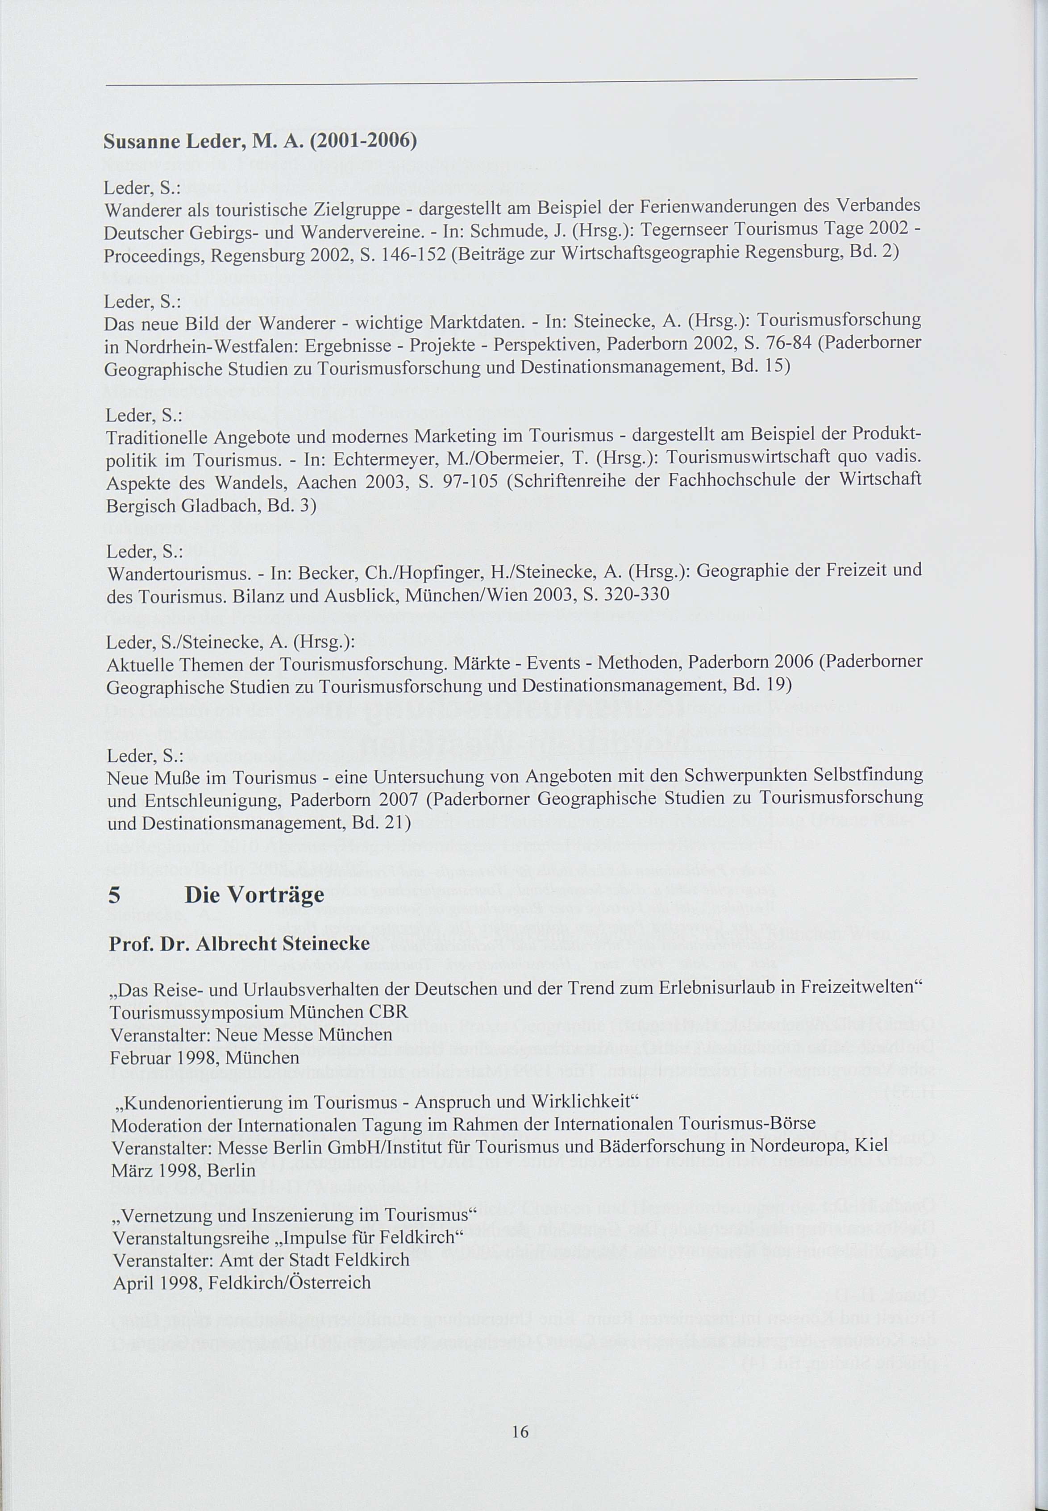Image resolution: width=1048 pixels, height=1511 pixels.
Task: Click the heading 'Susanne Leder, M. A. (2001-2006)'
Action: pos(260,141)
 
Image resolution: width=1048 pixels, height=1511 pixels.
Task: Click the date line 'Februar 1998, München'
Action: pos(204,1057)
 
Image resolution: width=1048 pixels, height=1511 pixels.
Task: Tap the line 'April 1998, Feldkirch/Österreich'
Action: pos(241,1282)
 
